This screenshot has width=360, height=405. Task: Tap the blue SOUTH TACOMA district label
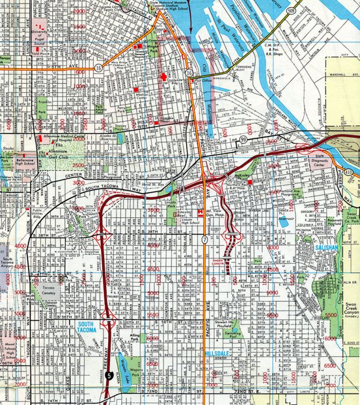[87, 327]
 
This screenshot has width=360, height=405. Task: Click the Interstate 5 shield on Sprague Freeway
[108, 376]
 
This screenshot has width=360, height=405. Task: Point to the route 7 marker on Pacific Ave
[204, 241]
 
